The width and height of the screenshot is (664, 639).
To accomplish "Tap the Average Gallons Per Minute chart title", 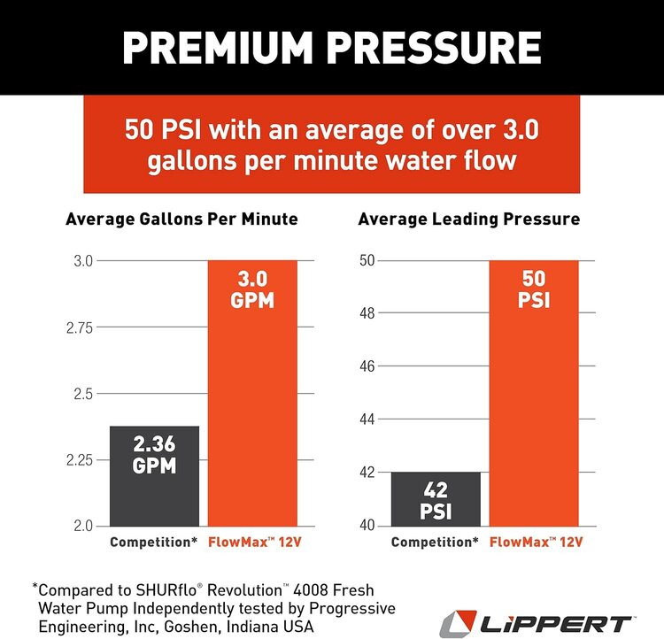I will click(x=181, y=219).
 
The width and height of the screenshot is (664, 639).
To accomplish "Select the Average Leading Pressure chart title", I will click(x=468, y=219).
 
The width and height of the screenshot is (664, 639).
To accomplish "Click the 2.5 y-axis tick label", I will click(x=85, y=393).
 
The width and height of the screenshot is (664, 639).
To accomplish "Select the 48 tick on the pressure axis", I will click(x=367, y=313).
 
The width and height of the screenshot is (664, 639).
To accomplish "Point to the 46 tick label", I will click(x=367, y=366).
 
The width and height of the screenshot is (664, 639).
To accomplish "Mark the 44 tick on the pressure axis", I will click(x=367, y=420).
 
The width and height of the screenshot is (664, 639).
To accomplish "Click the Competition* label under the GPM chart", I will click(x=154, y=540).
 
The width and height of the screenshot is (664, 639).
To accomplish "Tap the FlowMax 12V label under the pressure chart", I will click(x=534, y=540).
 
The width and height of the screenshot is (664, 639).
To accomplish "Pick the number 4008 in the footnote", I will click(x=333, y=588).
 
